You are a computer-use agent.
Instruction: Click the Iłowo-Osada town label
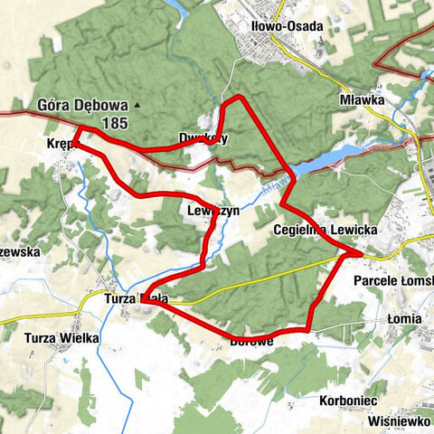(287, 26)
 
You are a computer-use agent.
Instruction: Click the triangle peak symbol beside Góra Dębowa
(137, 106)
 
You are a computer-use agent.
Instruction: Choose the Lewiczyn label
(212, 210)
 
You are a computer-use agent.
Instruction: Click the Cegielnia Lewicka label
(325, 231)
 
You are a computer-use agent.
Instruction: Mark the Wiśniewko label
(401, 421)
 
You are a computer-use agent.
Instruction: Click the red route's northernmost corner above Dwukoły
(239, 98)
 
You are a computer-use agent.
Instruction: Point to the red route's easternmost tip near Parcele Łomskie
(362, 254)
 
